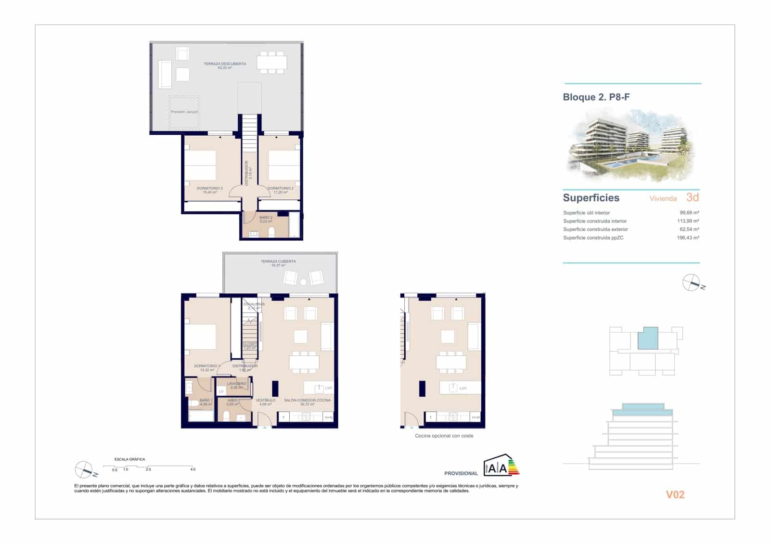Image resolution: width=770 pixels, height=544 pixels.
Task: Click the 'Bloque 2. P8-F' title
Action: (x=596, y=97)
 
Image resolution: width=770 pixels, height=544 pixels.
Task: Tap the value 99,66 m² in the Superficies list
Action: (x=689, y=212)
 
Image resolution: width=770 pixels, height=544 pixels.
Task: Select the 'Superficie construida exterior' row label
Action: (x=595, y=229)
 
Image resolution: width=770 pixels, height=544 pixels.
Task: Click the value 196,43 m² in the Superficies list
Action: (x=688, y=237)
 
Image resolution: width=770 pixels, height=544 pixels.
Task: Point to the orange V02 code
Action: (x=675, y=494)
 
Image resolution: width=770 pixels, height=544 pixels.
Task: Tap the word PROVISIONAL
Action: (x=461, y=473)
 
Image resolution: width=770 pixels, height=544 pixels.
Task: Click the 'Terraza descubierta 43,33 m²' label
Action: (x=225, y=65)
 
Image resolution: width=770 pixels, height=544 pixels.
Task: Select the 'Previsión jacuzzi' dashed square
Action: (x=184, y=112)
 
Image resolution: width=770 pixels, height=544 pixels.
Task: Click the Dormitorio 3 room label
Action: (x=209, y=190)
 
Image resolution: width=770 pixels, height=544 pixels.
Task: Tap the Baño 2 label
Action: (x=266, y=219)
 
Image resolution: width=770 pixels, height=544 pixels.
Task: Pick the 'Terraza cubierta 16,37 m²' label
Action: (x=278, y=263)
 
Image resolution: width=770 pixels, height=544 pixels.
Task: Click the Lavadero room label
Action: (x=236, y=385)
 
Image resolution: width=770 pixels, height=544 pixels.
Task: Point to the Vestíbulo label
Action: (x=265, y=402)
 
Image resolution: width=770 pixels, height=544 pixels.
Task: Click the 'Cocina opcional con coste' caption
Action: (x=444, y=436)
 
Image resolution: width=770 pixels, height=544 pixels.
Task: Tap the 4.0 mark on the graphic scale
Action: (x=192, y=469)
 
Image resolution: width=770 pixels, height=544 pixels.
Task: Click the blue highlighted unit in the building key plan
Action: (x=648, y=338)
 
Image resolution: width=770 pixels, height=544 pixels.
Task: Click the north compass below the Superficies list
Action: (x=692, y=283)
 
